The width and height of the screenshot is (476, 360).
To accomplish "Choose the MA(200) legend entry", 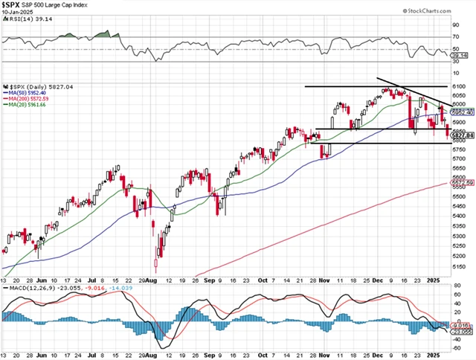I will click(29, 99).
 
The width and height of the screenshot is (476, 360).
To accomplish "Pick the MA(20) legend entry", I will click(28, 106).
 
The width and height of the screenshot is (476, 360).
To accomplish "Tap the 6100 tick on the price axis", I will click(459, 86).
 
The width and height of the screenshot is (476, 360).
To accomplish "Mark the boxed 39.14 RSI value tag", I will click(459, 55).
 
